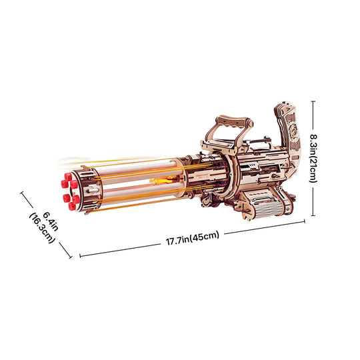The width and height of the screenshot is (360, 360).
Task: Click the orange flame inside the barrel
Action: point(160,180)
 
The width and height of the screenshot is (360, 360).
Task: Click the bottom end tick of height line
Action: point(314,217)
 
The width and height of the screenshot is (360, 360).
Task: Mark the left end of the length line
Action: point(79,255)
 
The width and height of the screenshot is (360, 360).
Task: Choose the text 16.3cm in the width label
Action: point(41,230)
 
